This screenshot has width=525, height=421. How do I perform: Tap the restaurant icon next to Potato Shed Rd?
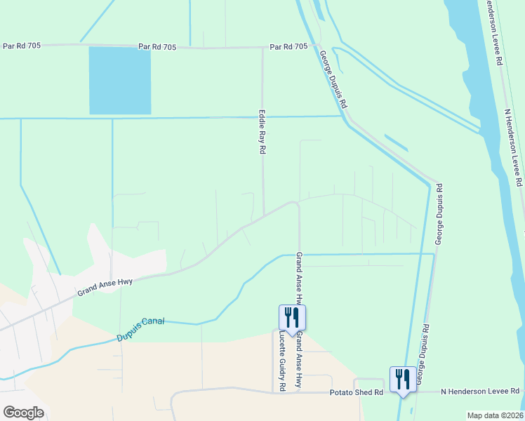point(401,380)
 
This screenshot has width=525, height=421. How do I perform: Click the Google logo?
point(23,413)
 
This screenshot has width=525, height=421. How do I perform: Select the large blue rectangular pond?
point(119,81)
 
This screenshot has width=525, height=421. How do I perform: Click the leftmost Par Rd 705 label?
point(22,46)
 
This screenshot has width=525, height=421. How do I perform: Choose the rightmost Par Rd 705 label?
point(289,47)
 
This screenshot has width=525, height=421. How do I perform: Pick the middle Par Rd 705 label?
point(157,47)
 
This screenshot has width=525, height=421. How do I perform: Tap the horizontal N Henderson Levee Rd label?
point(481,391)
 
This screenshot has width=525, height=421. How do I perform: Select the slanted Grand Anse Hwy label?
point(105,286)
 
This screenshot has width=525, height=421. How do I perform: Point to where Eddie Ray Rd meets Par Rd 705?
point(262,48)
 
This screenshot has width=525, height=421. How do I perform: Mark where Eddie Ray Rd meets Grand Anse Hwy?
point(264,216)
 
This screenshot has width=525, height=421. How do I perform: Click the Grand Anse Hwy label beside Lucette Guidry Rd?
point(298,361)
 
